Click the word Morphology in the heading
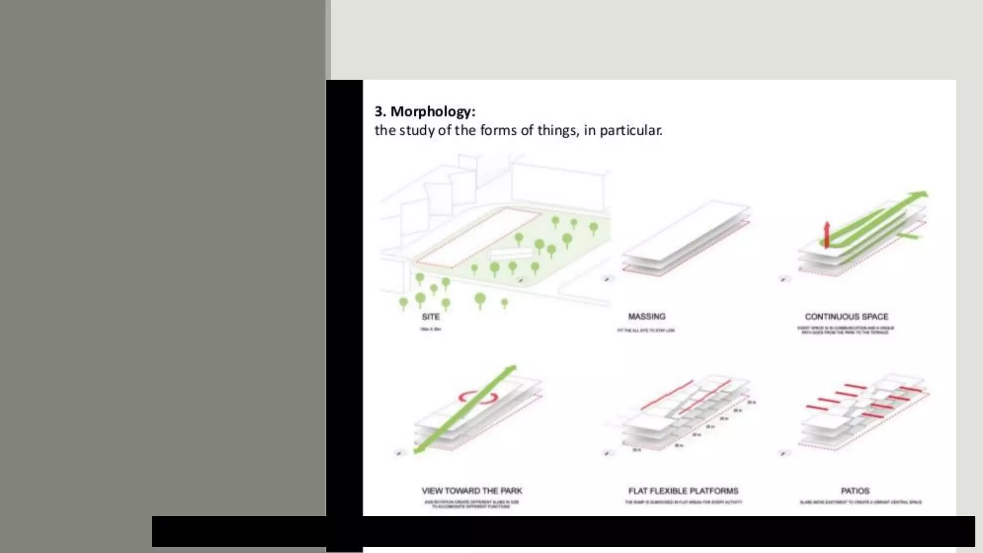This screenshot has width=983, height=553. click(432, 111)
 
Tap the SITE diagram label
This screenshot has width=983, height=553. click(431, 317)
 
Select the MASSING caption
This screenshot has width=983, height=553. click(647, 316)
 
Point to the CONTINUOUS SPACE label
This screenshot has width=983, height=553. click(846, 317)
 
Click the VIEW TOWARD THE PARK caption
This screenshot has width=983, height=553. click(471, 491)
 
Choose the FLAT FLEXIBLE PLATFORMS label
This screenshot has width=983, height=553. click(683, 491)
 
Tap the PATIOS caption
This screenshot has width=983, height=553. click(855, 491)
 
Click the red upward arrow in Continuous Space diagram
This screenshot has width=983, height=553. click(827, 234)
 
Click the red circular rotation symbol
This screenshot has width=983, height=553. click(477, 397)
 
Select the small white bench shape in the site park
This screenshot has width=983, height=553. click(510, 254)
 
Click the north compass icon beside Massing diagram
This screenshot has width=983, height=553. click(608, 279)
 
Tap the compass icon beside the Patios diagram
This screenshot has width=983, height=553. click(784, 453)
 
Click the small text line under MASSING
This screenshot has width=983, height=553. click(646, 330)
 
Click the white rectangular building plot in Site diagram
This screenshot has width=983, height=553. click(478, 238)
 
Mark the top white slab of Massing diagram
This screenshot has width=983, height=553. click(686, 230)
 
